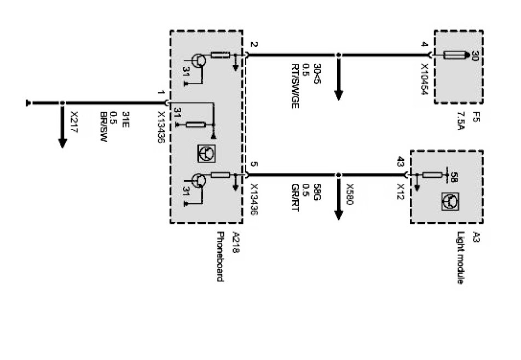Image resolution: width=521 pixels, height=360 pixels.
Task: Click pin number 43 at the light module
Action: pos(401,161)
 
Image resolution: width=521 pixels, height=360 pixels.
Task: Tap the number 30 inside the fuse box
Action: pos(474,56)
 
